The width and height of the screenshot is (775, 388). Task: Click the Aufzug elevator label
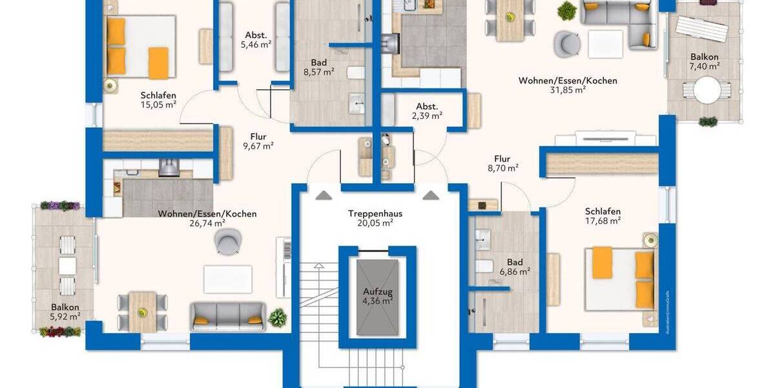[378, 296]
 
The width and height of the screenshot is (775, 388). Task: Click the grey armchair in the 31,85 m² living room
[567, 43]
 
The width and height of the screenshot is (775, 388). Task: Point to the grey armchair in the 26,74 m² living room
[228, 242]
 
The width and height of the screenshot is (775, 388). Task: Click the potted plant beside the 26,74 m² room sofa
[278, 317]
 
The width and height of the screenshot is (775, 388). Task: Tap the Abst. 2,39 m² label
[426, 111]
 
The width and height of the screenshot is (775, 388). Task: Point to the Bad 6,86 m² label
[514, 267]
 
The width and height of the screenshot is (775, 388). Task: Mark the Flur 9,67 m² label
[258, 141]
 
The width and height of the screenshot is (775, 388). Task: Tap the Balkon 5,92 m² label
[65, 312]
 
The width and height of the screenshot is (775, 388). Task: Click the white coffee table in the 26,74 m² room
[227, 279]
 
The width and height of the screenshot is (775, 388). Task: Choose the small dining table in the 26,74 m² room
[142, 304]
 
